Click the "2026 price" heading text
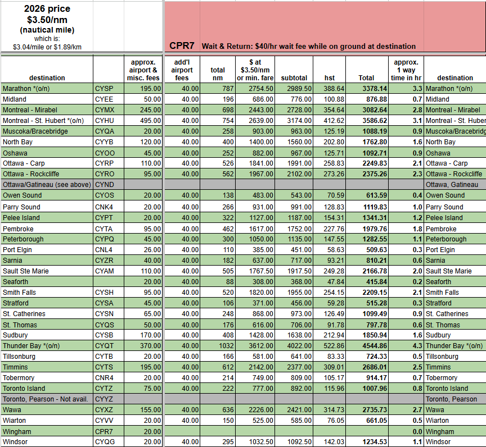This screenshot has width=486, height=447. [47, 9]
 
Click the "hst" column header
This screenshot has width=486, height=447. [330, 78]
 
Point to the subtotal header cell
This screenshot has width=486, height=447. [294, 78]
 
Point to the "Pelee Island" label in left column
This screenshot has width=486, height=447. [20, 217]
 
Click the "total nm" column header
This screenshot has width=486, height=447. [218, 74]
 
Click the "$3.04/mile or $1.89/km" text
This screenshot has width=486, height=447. [47, 47]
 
